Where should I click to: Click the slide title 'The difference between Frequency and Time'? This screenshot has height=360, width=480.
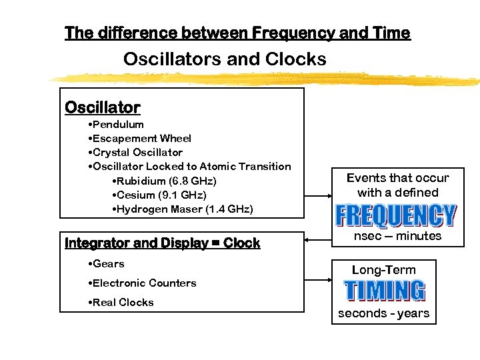click(x=237, y=33)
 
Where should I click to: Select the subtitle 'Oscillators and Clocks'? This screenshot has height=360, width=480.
click(x=225, y=59)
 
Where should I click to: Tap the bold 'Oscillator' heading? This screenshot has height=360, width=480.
click(x=102, y=107)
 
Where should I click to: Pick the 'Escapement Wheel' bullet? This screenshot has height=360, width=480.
click(x=139, y=139)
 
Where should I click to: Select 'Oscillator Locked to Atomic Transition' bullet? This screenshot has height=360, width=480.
click(x=189, y=167)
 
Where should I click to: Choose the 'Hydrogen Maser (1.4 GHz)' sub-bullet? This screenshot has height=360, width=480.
click(x=183, y=209)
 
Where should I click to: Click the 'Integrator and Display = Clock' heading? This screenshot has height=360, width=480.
click(x=162, y=243)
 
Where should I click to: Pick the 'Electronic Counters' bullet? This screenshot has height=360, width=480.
click(x=142, y=283)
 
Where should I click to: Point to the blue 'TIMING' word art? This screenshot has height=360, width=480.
click(x=384, y=291)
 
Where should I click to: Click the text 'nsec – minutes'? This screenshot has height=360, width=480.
click(x=397, y=236)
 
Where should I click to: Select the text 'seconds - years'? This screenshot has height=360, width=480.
click(x=384, y=313)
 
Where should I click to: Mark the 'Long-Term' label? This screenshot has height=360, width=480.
click(x=383, y=270)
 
